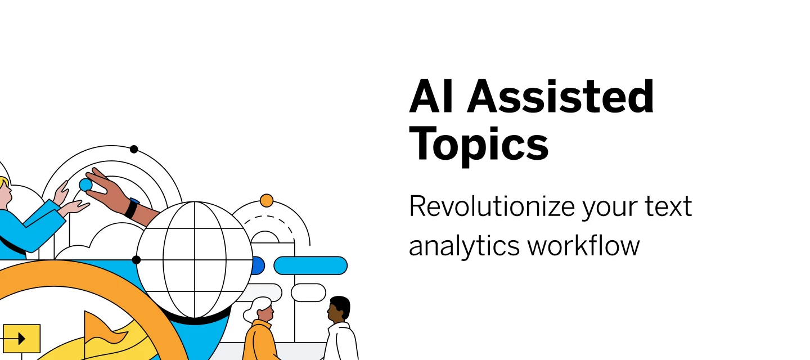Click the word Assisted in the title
[x=560, y=96]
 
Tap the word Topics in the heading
[x=479, y=145]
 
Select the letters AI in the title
[x=431, y=96]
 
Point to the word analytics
[x=464, y=246]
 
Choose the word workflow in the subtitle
[x=584, y=245]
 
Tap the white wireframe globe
[x=195, y=259]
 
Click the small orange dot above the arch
[x=267, y=200]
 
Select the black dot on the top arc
[x=134, y=149]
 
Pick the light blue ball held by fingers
[x=85, y=184]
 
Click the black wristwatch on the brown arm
[x=132, y=208]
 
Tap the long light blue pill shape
[x=310, y=265]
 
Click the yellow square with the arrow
[x=22, y=339]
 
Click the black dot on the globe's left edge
[x=136, y=259]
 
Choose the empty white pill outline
[x=308, y=292]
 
